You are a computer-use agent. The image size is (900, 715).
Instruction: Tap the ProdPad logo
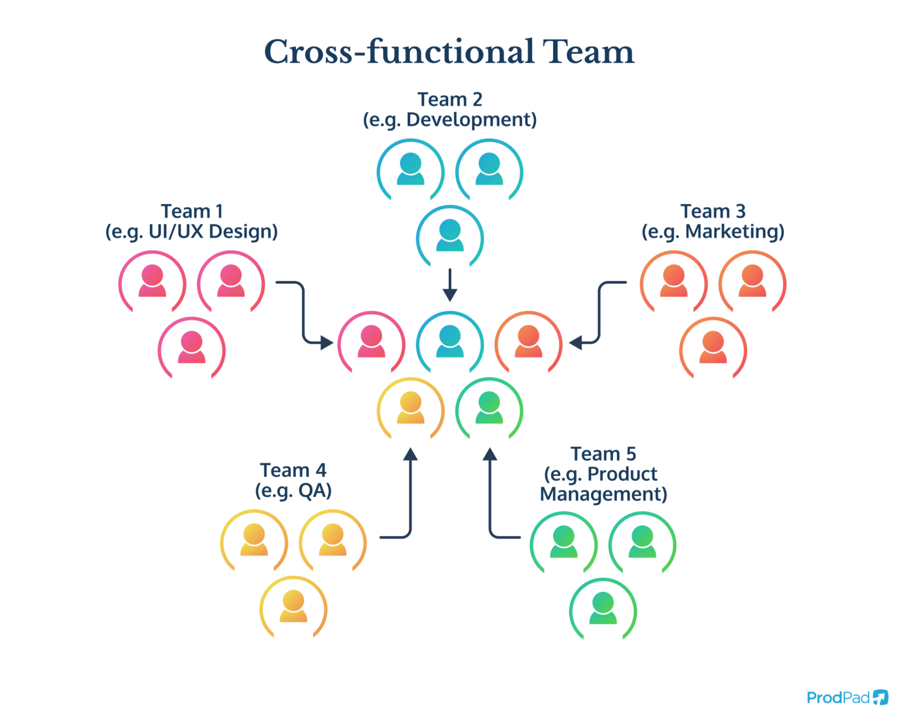point(847,697)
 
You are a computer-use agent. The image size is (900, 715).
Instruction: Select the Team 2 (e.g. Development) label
point(449,110)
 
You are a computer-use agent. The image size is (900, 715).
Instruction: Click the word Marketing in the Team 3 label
point(734,231)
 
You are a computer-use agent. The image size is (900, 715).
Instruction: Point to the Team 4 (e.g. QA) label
point(293,480)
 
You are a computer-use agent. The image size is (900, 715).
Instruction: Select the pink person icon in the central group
point(371,342)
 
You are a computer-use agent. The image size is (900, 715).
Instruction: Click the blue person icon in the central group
point(450,342)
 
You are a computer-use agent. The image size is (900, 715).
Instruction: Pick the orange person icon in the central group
point(529,342)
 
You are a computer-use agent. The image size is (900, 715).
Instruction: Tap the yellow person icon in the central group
point(410,408)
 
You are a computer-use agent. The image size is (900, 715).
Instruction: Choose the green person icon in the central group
point(489,408)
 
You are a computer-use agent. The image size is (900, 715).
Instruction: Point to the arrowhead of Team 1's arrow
point(326,342)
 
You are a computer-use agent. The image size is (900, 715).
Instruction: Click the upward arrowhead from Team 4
point(411,454)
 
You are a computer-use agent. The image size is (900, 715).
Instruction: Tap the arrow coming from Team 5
point(490,498)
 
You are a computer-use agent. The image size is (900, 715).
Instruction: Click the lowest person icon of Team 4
point(293,607)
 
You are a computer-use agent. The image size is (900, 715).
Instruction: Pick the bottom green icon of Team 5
point(602,609)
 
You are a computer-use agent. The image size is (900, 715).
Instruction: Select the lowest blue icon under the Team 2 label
point(450,236)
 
